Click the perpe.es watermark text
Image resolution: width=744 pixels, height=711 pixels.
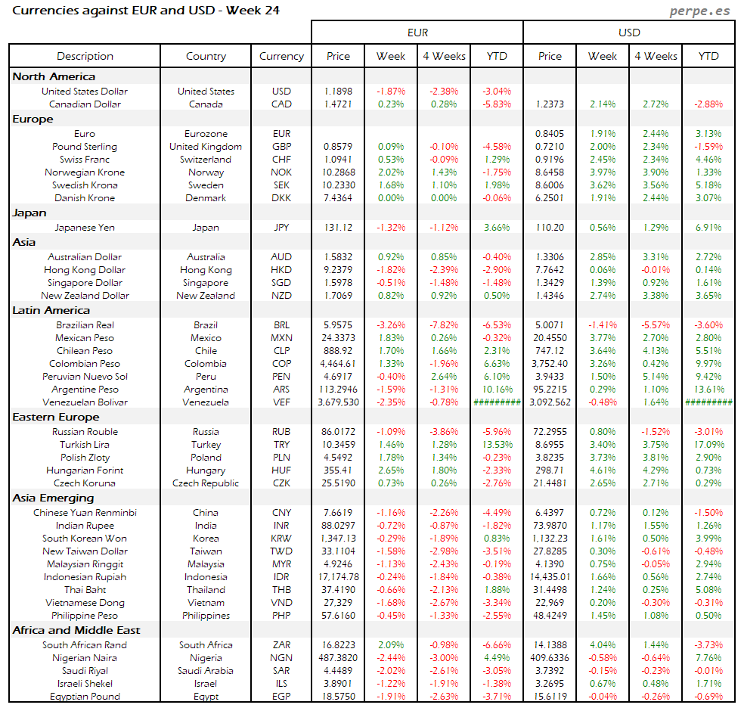tap(701, 11)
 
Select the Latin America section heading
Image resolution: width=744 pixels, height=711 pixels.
tap(51, 310)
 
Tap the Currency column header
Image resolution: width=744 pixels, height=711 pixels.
tap(281, 56)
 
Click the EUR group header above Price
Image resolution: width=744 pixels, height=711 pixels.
tap(417, 33)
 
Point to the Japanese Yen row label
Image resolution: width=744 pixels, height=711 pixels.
tap(85, 227)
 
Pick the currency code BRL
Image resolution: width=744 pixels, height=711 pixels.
tap(281, 325)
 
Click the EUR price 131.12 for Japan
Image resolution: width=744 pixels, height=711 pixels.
tap(338, 227)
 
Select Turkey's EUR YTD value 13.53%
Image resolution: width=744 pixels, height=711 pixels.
tap(497, 445)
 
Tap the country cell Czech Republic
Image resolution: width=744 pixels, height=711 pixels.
tap(206, 483)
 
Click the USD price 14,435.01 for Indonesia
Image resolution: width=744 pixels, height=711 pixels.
tap(550, 577)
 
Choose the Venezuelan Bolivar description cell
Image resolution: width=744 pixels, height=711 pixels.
tap(85, 402)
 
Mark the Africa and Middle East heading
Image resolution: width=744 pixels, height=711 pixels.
tap(76, 630)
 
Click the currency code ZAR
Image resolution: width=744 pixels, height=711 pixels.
tap(281, 645)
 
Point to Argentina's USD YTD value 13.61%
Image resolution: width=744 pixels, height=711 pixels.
tap(708, 390)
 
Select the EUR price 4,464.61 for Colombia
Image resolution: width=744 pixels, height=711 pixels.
tap(338, 364)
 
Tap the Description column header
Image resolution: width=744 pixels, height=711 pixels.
tap(85, 56)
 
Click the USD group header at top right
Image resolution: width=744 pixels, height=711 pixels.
tap(629, 33)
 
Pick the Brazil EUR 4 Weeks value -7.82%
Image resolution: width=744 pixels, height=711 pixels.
tap(444, 325)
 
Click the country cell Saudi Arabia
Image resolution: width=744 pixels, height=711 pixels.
tap(206, 671)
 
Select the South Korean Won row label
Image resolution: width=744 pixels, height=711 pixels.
tap(85, 539)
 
